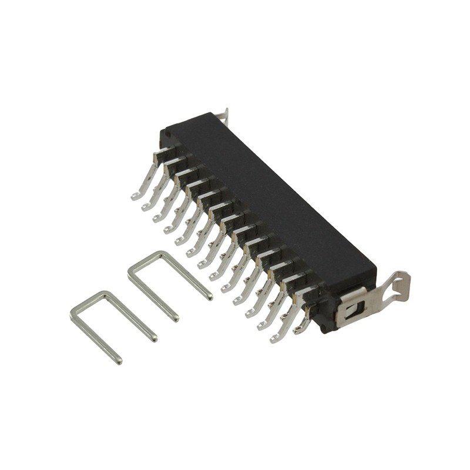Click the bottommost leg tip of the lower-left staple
click(119, 361)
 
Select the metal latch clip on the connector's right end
click(370, 297)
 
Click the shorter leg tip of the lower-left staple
click(153, 338)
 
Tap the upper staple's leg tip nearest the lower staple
click(174, 318)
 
